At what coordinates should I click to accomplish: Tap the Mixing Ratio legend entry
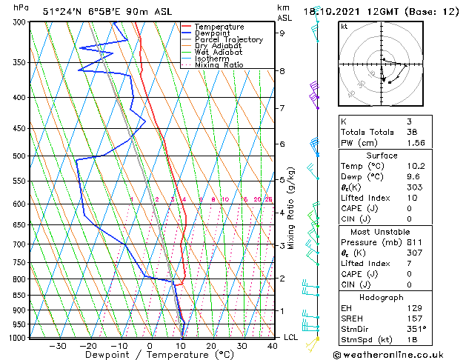coord(219,65)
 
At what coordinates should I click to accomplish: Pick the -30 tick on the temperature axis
coord(57,346)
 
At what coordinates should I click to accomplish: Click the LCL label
coord(291,337)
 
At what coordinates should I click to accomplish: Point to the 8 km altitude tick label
coord(282,71)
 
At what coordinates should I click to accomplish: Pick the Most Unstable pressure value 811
coord(414,241)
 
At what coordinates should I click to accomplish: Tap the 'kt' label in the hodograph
coord(344,26)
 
